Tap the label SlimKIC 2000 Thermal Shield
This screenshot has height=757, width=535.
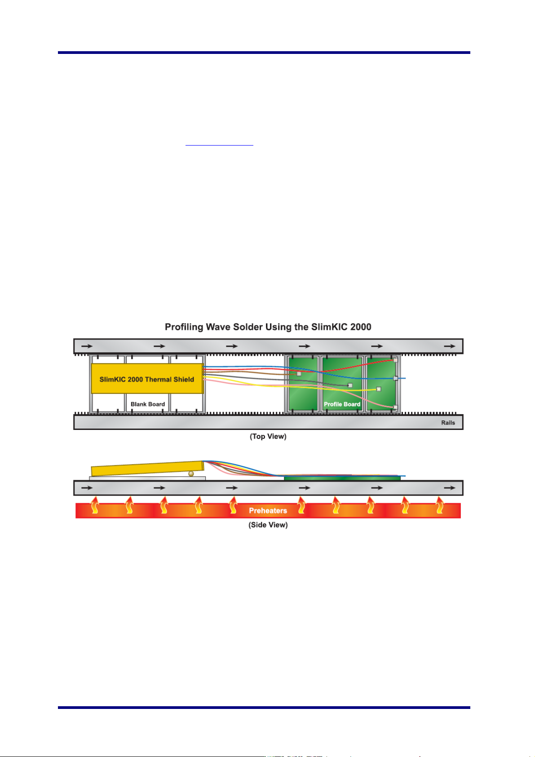coord(147,379)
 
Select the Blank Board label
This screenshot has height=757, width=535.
coord(148,404)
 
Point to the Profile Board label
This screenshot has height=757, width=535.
coord(342,404)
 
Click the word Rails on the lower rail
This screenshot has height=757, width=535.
coord(448,423)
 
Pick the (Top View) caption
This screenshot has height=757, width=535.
coord(268,436)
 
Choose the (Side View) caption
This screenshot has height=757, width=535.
coord(268,525)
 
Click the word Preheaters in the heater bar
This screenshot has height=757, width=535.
coord(268,511)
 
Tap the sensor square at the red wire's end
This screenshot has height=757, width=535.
coord(395,360)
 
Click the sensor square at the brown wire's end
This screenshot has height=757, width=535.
coord(299,374)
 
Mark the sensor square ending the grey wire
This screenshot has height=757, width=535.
coord(350,385)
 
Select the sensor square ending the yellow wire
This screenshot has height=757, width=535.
coord(379,389)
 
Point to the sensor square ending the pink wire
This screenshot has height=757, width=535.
coord(395,407)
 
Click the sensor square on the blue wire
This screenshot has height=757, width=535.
coord(395,378)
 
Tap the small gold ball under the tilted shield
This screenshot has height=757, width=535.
coord(191,474)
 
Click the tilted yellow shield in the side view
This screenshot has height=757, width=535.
coord(147,468)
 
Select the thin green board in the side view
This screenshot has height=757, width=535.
coord(341,478)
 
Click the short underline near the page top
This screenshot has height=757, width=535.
coord(219,146)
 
